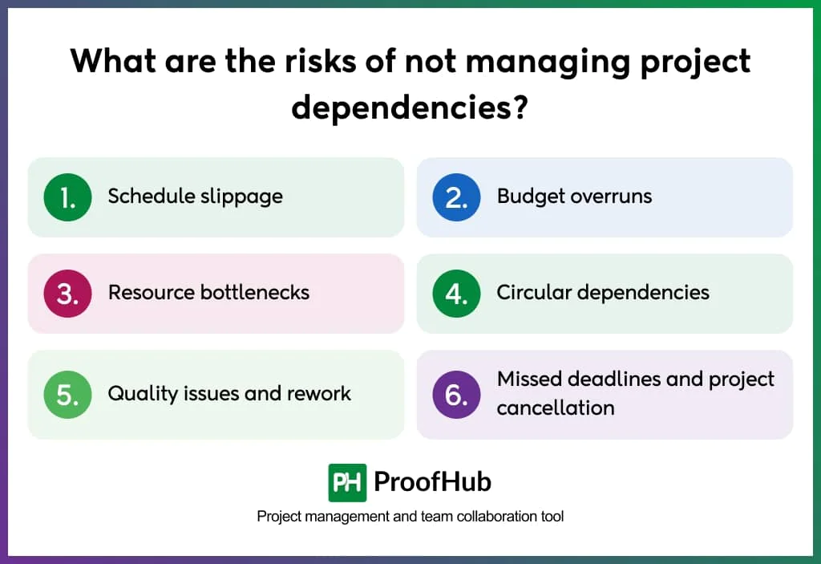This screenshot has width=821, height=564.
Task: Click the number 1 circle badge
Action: pyautogui.click(x=68, y=197)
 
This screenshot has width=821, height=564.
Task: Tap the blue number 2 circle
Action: pyautogui.click(x=456, y=197)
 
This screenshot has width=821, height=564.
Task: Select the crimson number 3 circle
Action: pyautogui.click(x=68, y=294)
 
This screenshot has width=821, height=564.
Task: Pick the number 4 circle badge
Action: pyautogui.click(x=456, y=294)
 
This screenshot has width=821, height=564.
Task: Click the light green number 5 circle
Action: pyautogui.click(x=68, y=395)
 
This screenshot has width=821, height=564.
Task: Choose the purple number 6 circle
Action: pyautogui.click(x=456, y=395)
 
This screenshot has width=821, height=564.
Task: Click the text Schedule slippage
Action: pyautogui.click(x=195, y=197)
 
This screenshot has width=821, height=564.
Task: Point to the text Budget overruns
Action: pyautogui.click(x=574, y=197)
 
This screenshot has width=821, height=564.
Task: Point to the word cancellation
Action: pyautogui.click(x=555, y=408)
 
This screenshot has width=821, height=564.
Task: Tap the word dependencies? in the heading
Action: pyautogui.click(x=410, y=106)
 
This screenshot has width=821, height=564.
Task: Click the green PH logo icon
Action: pyautogui.click(x=347, y=482)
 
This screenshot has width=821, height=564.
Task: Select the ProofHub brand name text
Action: pyautogui.click(x=432, y=482)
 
